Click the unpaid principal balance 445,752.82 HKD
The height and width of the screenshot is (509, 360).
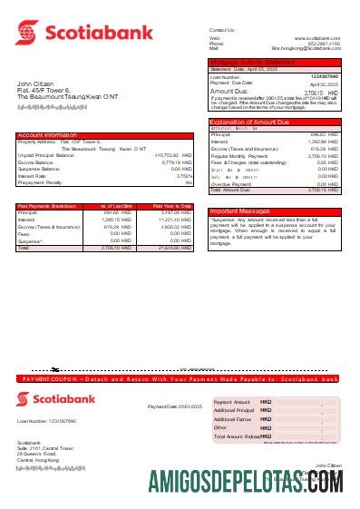[x=172, y=155]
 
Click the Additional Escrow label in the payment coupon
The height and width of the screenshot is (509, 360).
[x=233, y=419]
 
